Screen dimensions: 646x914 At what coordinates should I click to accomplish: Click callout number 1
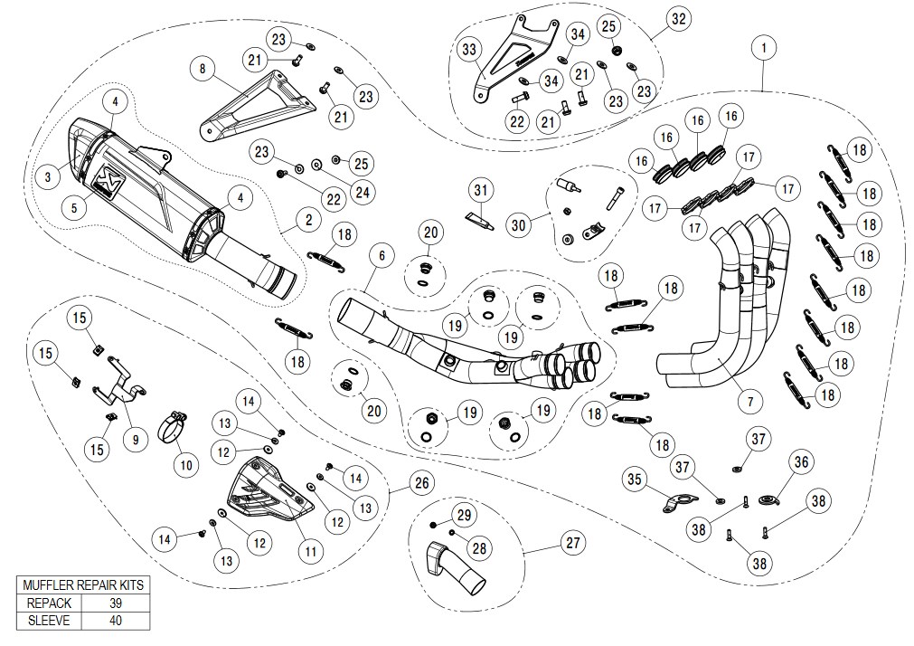[x=765, y=46]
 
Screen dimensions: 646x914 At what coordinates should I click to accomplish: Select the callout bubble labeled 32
[x=677, y=19]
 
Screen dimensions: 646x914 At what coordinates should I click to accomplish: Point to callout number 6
[x=382, y=256]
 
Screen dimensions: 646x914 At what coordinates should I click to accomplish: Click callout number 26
[x=419, y=484]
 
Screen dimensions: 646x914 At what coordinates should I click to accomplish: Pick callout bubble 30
[x=518, y=222]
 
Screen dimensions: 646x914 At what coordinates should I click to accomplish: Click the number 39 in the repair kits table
[x=111, y=603]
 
